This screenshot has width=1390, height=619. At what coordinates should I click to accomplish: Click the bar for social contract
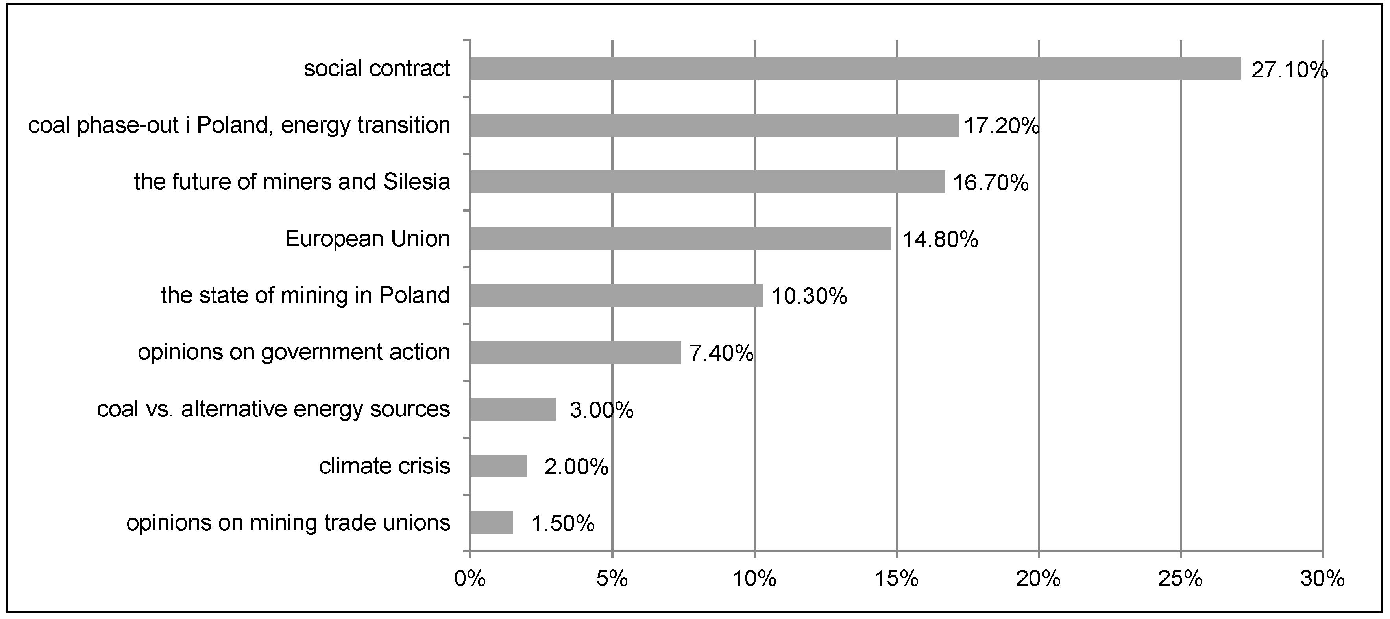(855, 68)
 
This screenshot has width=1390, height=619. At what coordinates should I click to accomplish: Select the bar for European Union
(680, 239)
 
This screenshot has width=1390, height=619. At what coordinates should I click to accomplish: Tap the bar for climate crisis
(499, 466)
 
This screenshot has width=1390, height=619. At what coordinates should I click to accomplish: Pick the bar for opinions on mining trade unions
(492, 523)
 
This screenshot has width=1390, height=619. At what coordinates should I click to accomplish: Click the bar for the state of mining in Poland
(616, 295)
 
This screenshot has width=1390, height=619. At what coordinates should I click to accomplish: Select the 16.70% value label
(991, 183)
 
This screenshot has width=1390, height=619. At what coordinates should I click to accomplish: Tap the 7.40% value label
(721, 354)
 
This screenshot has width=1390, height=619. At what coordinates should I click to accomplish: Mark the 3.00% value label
(601, 411)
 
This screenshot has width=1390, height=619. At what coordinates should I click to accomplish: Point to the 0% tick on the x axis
(469, 580)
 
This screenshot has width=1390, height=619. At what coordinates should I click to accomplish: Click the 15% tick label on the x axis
(896, 580)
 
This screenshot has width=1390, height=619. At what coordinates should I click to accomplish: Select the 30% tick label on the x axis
(1322, 580)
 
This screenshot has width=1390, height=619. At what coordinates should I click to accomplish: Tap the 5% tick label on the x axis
(612, 580)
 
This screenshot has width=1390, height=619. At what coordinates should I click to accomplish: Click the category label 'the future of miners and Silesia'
(292, 182)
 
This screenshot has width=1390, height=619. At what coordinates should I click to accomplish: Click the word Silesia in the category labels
(417, 182)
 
